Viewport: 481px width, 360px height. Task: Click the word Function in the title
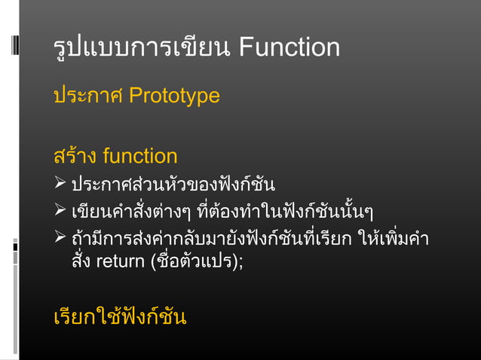289,49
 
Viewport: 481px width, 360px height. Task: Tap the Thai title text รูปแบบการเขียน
142,49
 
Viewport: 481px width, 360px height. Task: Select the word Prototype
174,96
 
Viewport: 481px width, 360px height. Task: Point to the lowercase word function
140,157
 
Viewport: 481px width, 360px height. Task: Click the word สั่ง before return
80,263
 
